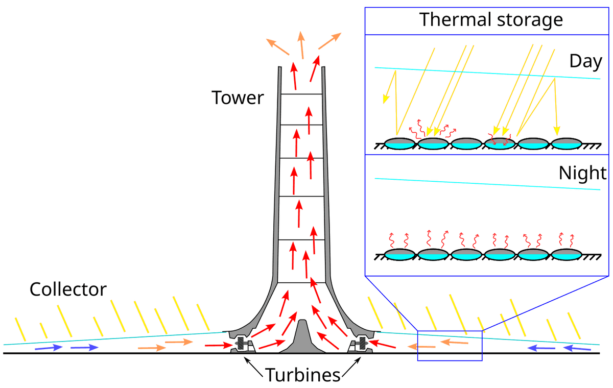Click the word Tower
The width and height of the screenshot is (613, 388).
[x=238, y=97]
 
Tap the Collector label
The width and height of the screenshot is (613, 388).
[x=68, y=289]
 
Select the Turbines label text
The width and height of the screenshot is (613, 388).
[x=302, y=375]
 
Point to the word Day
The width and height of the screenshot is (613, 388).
[x=585, y=62]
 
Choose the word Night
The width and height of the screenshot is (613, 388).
[x=582, y=174]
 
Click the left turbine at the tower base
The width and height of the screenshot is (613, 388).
[x=244, y=343]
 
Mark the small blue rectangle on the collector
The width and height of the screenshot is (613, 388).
[x=450, y=346]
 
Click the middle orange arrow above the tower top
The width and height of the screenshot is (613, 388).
[x=301, y=43]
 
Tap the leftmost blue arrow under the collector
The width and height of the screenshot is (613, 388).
[x=49, y=348]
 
